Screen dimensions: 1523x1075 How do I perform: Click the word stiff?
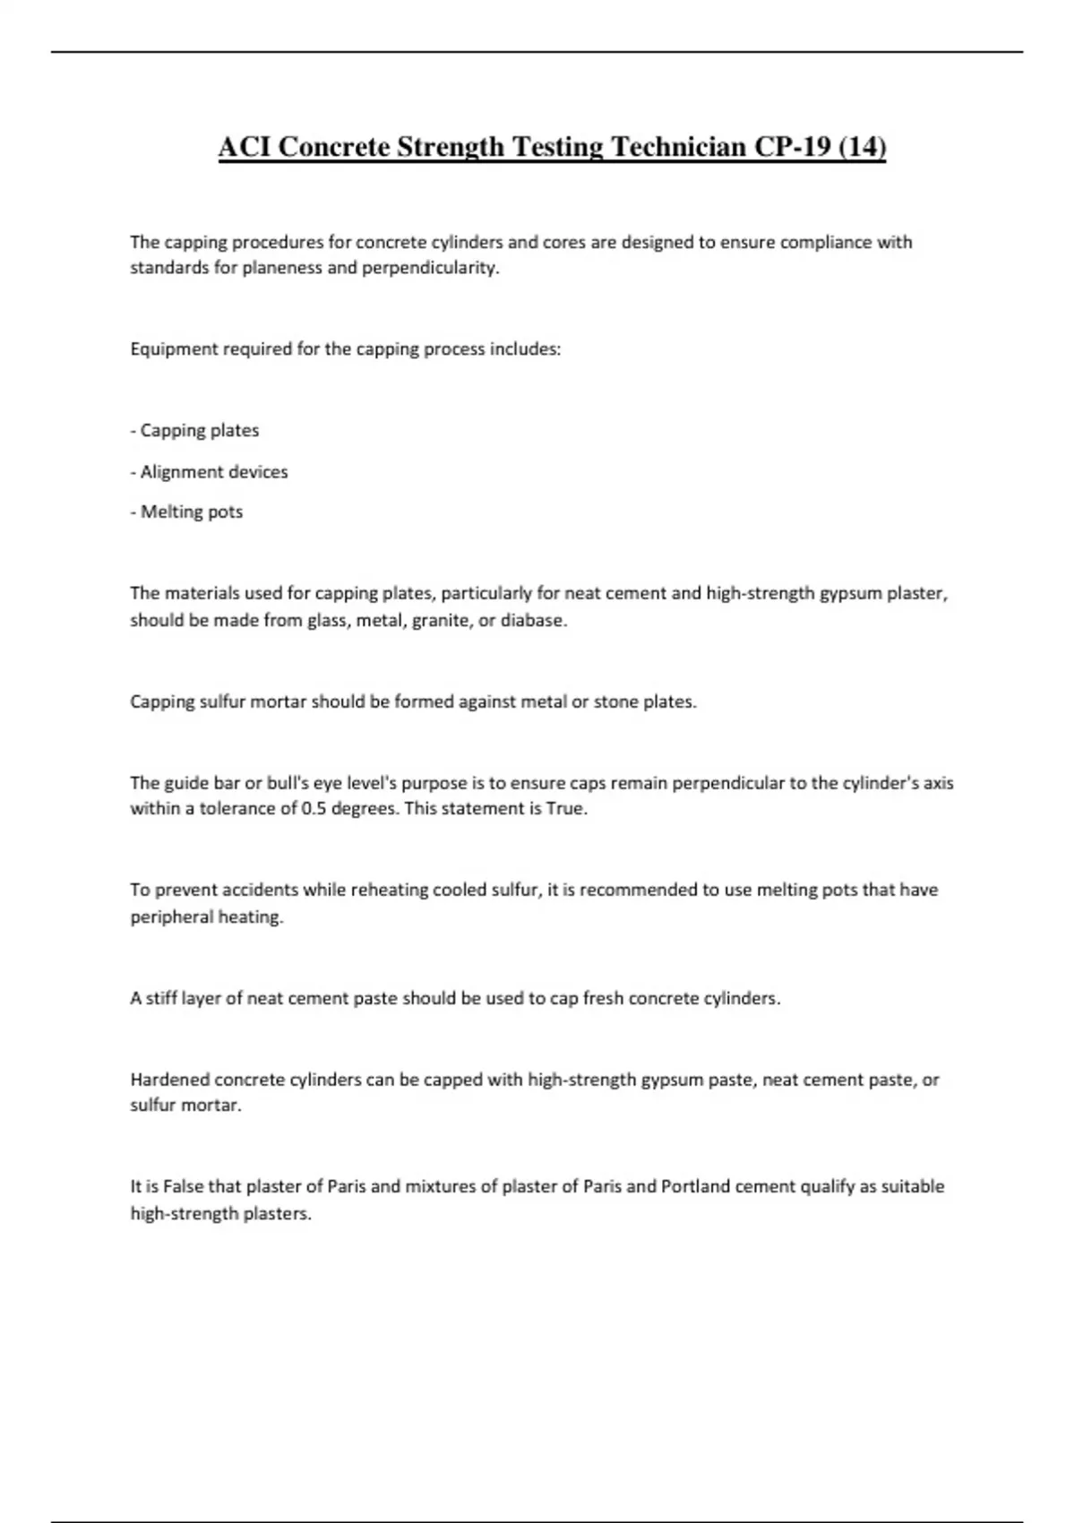tap(161, 998)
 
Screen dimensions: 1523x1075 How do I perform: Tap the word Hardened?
tap(170, 1080)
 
